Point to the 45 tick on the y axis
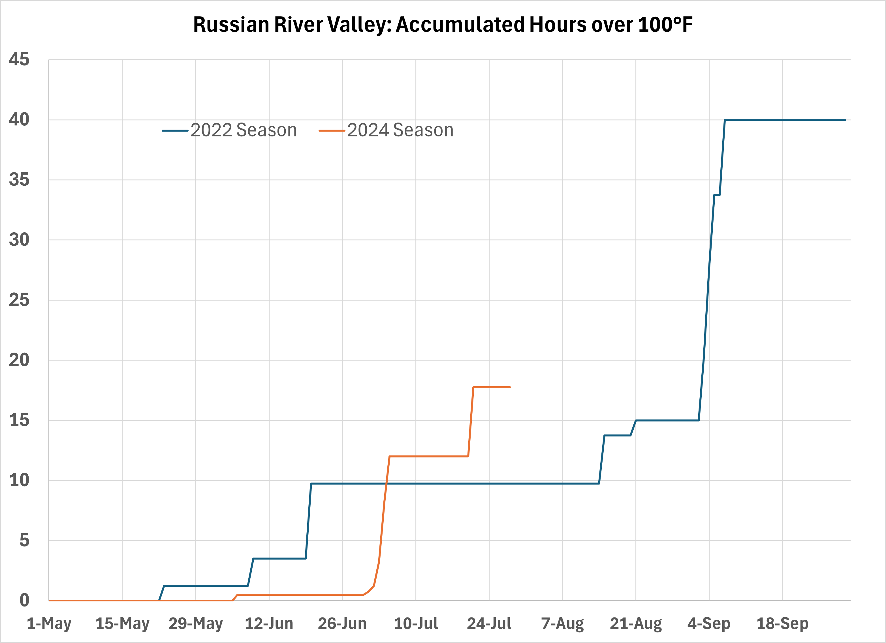(19, 60)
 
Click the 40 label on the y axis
(19, 120)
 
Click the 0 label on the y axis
(24, 601)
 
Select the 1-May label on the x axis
(49, 624)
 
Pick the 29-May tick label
(196, 624)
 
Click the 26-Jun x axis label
(342, 624)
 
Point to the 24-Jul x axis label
(489, 624)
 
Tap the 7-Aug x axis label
(563, 624)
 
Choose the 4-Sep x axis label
(709, 624)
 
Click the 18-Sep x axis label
(782, 624)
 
